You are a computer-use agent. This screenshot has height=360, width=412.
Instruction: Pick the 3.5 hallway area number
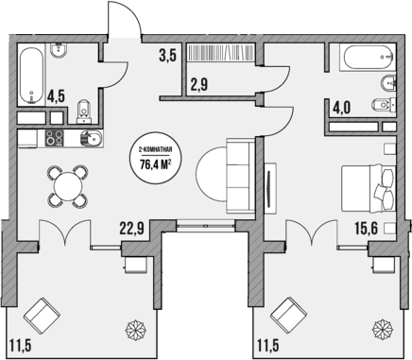click(x=168, y=55)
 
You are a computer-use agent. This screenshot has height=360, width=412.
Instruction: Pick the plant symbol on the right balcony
click(x=380, y=330)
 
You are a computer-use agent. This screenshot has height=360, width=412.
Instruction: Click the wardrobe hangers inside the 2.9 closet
click(x=217, y=55)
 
